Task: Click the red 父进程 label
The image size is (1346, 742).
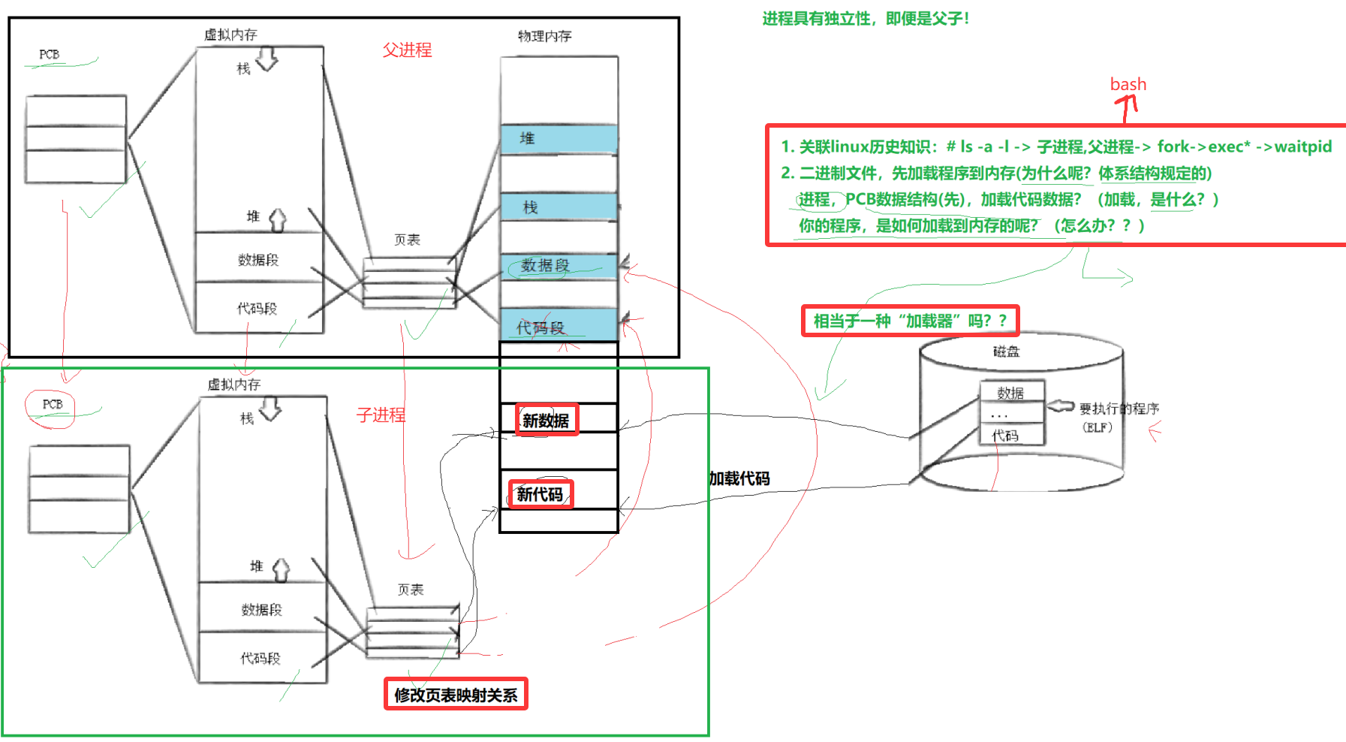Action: tap(407, 50)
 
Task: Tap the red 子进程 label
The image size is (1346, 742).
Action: tap(381, 415)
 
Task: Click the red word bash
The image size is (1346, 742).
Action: tap(1128, 84)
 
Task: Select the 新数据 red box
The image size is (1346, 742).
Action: tap(547, 420)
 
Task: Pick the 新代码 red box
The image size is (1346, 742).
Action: tap(541, 494)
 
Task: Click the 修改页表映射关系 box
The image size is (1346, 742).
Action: tap(456, 695)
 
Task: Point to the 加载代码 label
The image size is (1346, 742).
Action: tap(739, 478)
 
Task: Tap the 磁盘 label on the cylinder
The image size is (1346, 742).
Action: tap(1006, 351)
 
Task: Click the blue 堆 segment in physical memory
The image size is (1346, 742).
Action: tap(559, 139)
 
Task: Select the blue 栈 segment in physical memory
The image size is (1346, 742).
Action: tap(559, 207)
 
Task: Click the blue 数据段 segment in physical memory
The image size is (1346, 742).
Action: tap(559, 266)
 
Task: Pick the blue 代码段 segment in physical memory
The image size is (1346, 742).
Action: tap(559, 326)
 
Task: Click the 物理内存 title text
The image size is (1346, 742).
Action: tap(544, 36)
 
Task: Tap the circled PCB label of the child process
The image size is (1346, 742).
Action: tap(52, 405)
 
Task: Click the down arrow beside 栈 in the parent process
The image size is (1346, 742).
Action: tap(267, 59)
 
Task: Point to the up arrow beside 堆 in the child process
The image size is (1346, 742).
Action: tap(281, 569)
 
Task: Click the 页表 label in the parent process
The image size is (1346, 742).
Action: tap(407, 240)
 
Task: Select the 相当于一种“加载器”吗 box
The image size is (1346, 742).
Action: tap(910, 321)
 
